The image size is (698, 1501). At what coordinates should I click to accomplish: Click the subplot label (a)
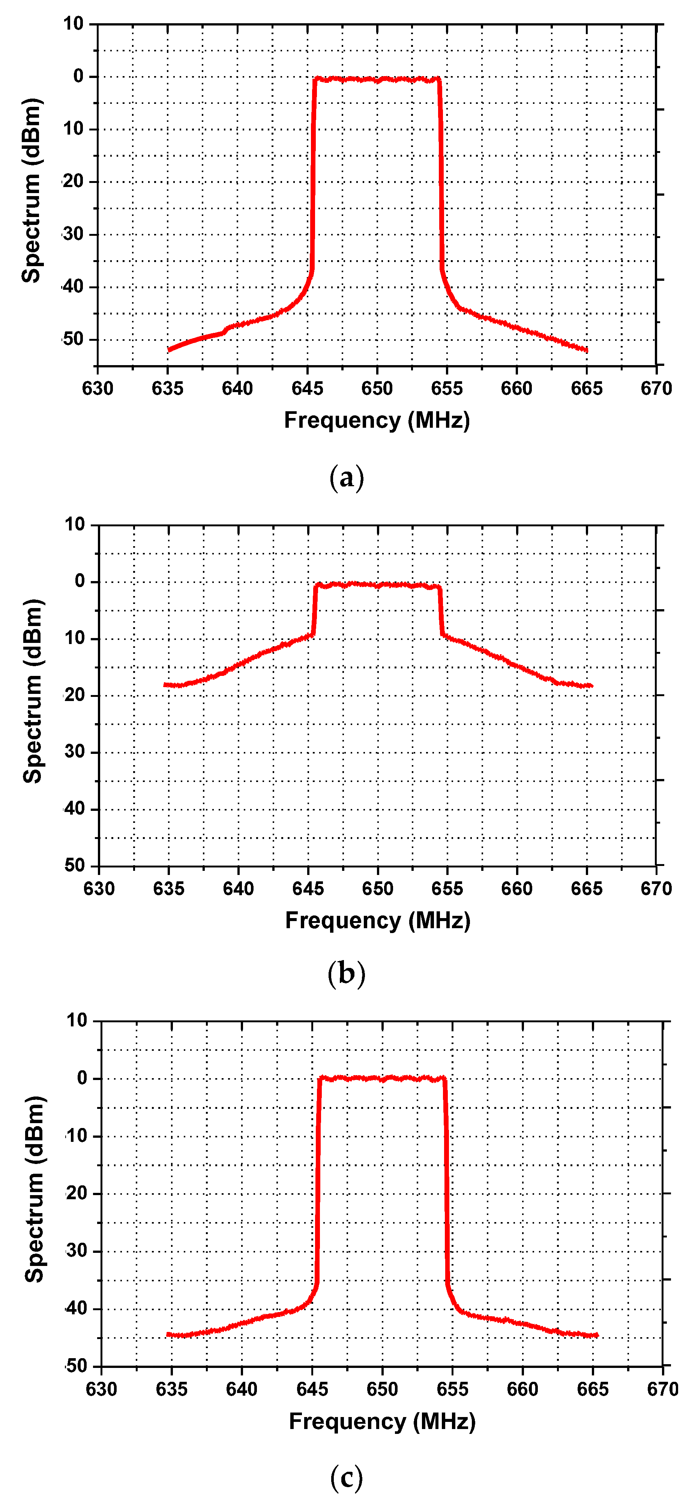tap(347, 478)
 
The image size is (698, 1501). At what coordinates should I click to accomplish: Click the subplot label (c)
tap(347, 1477)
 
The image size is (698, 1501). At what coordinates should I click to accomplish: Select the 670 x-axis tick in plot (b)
tap(656, 888)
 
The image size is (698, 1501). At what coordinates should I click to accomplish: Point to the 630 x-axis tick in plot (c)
tap(102, 1389)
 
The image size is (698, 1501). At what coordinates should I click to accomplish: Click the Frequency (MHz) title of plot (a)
tap(377, 420)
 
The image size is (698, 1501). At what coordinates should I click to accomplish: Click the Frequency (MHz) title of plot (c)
tap(382, 1421)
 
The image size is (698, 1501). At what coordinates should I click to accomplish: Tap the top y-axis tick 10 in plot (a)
tap(74, 24)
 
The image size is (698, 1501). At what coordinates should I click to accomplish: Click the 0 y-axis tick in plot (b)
tap(80, 581)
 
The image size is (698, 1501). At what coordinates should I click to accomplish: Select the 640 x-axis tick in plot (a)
tap(237, 388)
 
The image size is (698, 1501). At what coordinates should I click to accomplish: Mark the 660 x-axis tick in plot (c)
tap(522, 1389)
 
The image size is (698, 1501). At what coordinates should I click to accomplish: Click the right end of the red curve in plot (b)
tap(591, 686)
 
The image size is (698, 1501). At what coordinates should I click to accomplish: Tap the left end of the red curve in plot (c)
tap(168, 1334)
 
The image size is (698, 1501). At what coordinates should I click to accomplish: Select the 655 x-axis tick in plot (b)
tap(447, 888)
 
